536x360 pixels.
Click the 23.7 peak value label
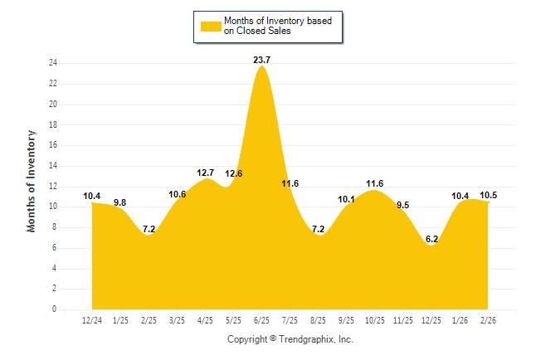click(x=261, y=60)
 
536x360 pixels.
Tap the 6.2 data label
click(x=431, y=239)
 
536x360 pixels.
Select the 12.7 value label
click(x=205, y=173)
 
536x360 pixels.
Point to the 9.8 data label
click(x=120, y=202)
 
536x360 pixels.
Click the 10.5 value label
click(x=489, y=195)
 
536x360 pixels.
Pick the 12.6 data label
click(x=234, y=173)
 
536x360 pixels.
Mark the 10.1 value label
click(x=347, y=199)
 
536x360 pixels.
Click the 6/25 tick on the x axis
click(x=261, y=319)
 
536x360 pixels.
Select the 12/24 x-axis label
click(x=92, y=319)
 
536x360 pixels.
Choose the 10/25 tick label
click(x=374, y=319)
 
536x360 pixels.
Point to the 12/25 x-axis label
click(x=431, y=319)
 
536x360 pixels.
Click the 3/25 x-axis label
click(x=177, y=319)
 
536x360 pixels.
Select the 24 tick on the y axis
click(x=53, y=63)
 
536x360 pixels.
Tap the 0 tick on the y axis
click(x=55, y=309)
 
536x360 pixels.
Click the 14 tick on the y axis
click(x=53, y=166)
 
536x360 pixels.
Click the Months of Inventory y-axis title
click(x=32, y=180)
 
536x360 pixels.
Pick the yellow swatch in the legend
click(x=211, y=26)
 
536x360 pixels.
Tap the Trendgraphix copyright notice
click(x=290, y=339)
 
